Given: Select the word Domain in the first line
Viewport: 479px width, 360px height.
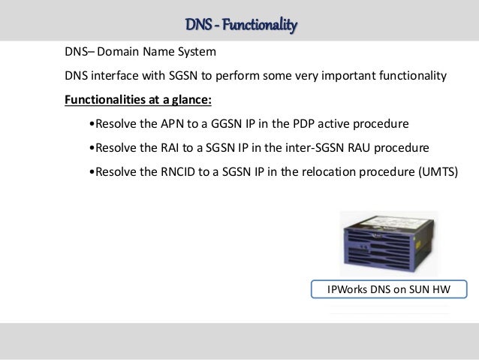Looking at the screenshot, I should pos(120,53).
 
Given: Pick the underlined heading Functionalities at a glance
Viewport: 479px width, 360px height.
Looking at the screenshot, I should pos(127,99).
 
